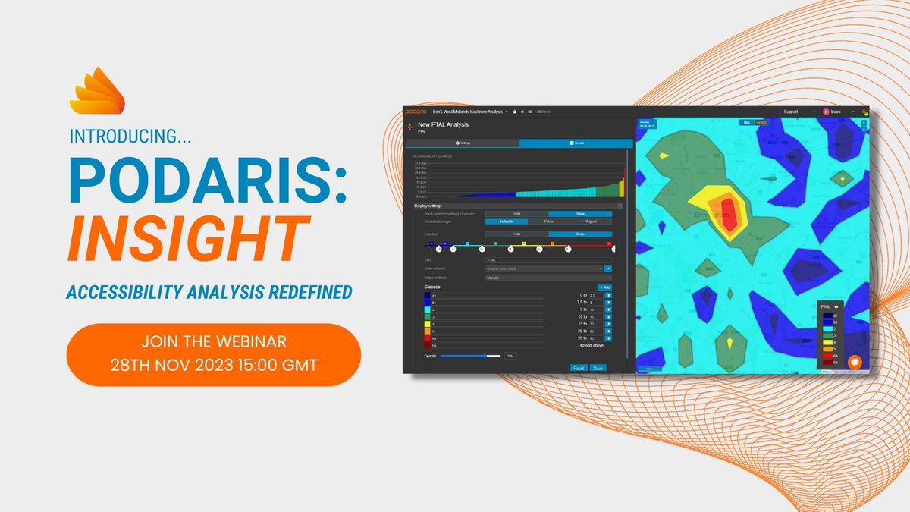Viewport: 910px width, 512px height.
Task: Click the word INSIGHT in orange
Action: pyautogui.click(x=190, y=240)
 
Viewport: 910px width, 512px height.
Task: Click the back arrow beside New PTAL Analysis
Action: pyautogui.click(x=410, y=127)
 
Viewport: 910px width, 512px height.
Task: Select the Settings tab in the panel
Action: pyautogui.click(x=463, y=143)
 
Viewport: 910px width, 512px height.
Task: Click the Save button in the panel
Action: pyautogui.click(x=598, y=367)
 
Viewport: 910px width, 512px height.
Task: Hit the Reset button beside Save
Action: pyautogui.click(x=579, y=367)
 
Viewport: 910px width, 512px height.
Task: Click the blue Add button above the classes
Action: pyautogui.click(x=604, y=287)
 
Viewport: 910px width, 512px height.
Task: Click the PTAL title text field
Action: pyautogui.click(x=548, y=260)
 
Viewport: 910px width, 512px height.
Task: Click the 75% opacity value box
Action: pyautogui.click(x=510, y=355)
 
